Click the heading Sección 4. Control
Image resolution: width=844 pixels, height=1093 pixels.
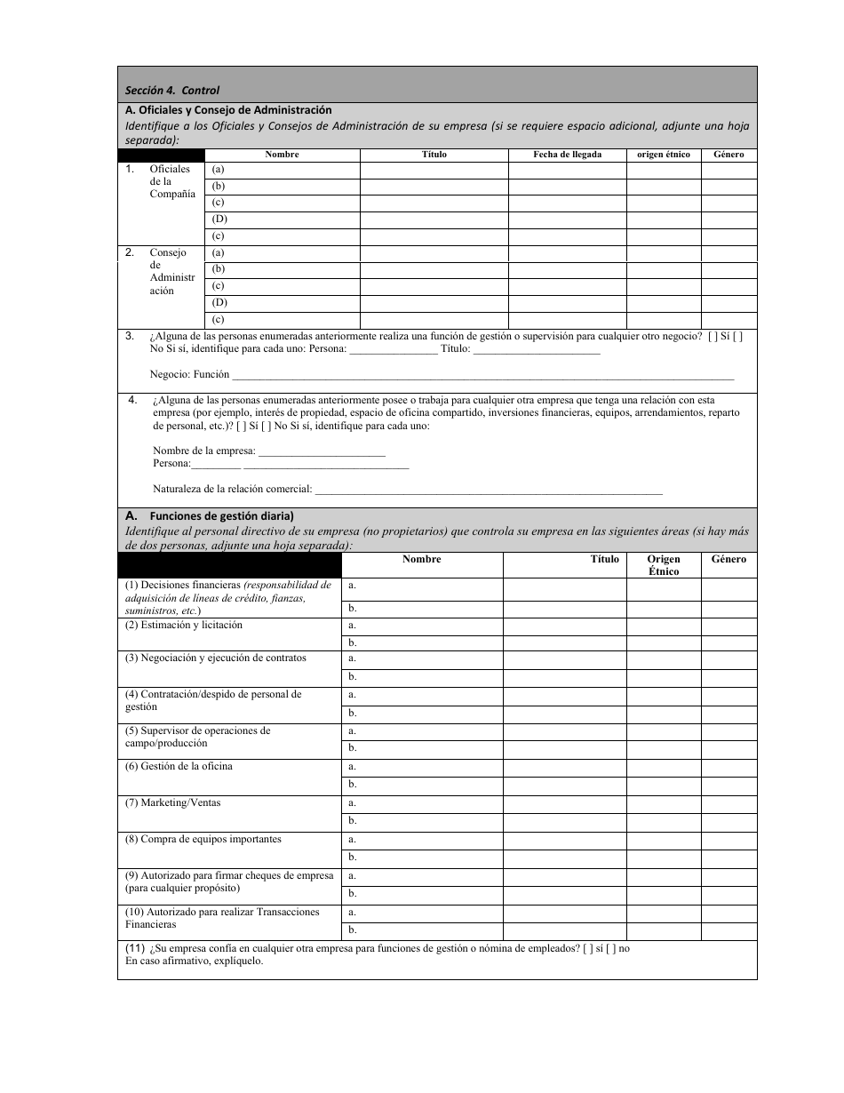(x=172, y=90)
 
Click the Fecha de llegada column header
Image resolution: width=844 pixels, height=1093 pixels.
(x=567, y=155)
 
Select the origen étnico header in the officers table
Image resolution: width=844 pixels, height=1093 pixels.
(x=664, y=155)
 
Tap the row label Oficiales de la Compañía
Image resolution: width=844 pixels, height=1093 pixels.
(x=170, y=181)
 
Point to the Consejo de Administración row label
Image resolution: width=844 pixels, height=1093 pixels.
(x=169, y=272)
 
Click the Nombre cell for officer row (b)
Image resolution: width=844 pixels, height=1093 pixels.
(x=283, y=187)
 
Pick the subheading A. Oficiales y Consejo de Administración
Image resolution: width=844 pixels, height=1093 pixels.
(x=229, y=110)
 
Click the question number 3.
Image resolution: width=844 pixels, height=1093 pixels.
(x=130, y=336)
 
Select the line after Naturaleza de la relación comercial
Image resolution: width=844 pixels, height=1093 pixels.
(x=489, y=489)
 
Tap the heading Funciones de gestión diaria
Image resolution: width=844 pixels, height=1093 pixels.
(x=221, y=515)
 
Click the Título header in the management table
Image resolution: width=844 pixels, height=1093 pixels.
(x=604, y=560)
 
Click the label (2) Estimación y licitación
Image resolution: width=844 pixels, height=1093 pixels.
(x=184, y=625)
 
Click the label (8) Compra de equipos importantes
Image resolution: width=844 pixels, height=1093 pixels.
(x=203, y=839)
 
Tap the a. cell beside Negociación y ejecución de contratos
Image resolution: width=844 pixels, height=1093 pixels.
(x=421, y=658)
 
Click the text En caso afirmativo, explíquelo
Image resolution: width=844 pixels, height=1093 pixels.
(x=195, y=961)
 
